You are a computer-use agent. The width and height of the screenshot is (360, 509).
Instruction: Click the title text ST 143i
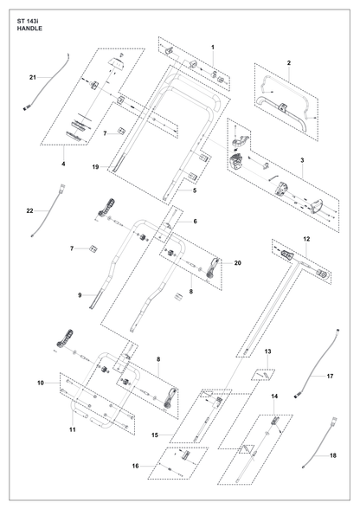(x=26, y=22)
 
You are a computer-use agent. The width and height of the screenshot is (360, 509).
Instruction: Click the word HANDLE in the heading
(x=29, y=29)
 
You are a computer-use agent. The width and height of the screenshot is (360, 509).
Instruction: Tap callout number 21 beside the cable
(x=33, y=77)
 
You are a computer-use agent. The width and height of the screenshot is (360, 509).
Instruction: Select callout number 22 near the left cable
(x=30, y=211)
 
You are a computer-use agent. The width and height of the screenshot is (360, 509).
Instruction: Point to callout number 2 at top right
(x=289, y=63)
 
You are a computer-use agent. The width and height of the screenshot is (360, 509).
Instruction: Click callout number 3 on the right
(x=302, y=160)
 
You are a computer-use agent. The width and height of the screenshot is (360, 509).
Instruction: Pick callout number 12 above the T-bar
(x=306, y=239)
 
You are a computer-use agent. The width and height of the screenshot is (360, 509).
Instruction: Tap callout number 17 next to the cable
(x=330, y=377)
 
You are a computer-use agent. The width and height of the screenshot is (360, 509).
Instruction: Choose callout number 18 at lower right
(x=333, y=455)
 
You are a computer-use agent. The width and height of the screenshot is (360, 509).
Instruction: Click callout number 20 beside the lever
(x=238, y=262)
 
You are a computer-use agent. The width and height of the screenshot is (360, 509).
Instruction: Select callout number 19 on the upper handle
(x=95, y=167)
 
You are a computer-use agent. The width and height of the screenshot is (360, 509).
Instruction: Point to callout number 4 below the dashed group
(x=63, y=164)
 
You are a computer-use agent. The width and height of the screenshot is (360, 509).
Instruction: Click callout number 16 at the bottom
(x=135, y=466)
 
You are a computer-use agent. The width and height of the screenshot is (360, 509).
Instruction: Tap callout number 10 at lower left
(x=41, y=383)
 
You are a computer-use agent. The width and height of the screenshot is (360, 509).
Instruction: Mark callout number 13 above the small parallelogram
(x=267, y=351)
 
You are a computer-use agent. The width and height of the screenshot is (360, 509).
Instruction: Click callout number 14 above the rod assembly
(x=274, y=396)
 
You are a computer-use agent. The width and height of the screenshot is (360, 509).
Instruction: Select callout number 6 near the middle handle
(x=195, y=222)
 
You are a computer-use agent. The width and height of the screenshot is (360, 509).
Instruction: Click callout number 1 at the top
(x=213, y=47)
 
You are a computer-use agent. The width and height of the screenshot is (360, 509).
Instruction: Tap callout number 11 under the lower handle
(x=73, y=429)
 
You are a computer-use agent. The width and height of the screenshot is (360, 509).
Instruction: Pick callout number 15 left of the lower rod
(x=155, y=435)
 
